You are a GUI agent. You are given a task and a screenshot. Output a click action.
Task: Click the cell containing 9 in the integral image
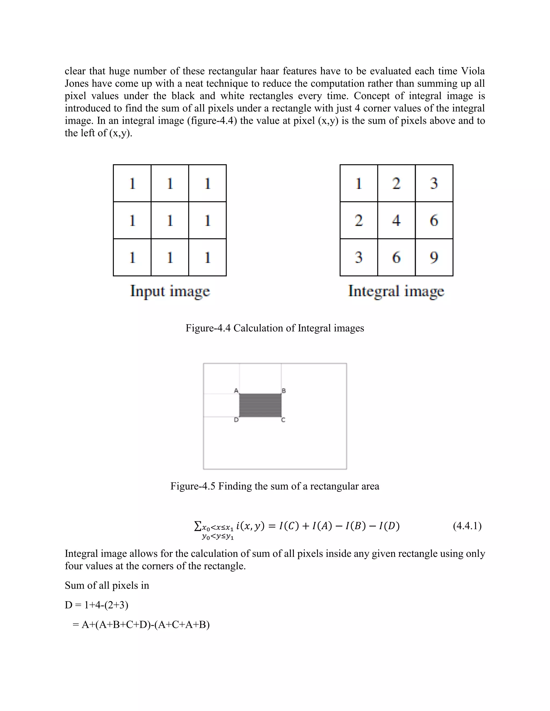434,257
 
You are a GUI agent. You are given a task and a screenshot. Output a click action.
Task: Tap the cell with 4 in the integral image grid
396,220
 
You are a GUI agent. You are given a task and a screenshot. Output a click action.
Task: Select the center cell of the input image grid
170,220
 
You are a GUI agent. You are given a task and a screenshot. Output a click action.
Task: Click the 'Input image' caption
170,291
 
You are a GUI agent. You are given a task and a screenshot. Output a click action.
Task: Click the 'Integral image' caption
396,291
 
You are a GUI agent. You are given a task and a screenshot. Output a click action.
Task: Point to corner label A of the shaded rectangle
237,391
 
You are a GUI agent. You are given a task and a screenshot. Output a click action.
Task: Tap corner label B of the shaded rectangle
284,391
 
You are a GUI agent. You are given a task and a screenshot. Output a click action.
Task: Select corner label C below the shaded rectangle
283,420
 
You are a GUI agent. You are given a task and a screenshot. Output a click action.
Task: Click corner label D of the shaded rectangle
237,420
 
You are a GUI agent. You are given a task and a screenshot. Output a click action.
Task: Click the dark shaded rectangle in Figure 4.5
260,405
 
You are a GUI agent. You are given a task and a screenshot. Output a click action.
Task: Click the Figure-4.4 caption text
275,328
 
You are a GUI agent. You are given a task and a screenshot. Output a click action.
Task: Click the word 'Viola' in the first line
473,71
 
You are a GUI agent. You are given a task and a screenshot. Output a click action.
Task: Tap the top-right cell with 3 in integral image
434,183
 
